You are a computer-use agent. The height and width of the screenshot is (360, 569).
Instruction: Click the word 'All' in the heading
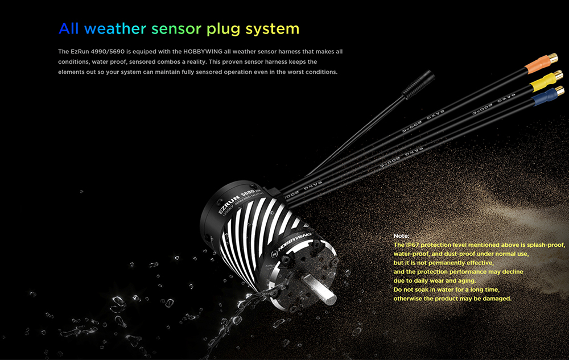[x=69, y=28]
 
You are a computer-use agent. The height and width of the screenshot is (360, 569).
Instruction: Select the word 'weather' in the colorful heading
[x=116, y=28]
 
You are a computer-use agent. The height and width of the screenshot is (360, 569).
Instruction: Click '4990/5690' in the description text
[x=108, y=52]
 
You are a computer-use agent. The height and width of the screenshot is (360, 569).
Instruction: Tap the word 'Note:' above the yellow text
[x=401, y=235]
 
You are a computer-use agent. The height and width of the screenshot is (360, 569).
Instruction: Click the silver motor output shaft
[x=319, y=289]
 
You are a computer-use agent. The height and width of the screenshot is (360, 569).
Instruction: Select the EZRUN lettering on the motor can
[x=229, y=204]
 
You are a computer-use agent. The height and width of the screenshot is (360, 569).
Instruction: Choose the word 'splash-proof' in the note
[x=546, y=245]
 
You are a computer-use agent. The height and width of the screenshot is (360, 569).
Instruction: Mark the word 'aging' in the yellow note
[x=467, y=280]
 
